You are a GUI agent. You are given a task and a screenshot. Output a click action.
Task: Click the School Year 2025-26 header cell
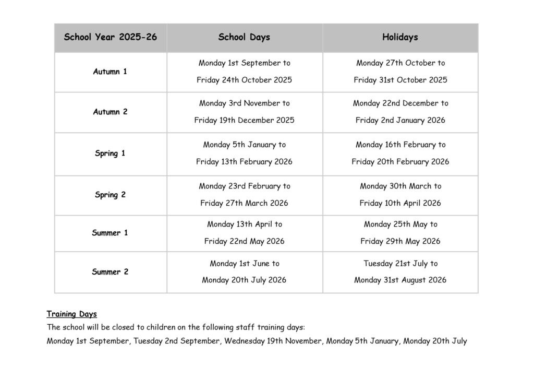[x=111, y=37]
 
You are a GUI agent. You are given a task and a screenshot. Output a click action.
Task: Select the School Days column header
[x=244, y=37]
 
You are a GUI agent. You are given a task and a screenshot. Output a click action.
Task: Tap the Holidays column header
[x=400, y=37]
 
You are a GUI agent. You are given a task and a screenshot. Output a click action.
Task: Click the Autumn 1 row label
[x=110, y=72]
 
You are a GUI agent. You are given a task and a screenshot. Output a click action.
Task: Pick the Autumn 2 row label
[x=110, y=112]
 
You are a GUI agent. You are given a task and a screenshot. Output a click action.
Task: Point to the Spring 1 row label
[x=110, y=153]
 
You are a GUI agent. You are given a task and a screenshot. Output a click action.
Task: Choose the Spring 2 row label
[x=110, y=195]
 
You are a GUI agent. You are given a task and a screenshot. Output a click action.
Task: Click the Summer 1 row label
[x=110, y=233]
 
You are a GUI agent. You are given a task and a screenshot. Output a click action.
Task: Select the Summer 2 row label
[x=110, y=271]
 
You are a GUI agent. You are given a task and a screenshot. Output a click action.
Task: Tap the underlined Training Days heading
[x=71, y=314]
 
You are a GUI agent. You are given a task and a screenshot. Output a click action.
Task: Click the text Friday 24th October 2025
[x=244, y=80]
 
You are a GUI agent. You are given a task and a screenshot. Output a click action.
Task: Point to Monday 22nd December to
[x=400, y=103]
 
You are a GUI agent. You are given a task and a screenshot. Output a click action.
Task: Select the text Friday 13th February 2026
[x=244, y=162]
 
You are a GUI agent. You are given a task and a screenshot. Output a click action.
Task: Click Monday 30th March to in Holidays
[x=400, y=186]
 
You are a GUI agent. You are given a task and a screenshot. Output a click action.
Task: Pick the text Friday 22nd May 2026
[x=244, y=241]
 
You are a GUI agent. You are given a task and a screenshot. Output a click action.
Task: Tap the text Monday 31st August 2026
[x=400, y=280]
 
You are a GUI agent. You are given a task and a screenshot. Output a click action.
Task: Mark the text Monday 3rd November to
[x=244, y=103]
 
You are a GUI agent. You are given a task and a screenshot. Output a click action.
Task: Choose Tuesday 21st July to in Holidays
[x=400, y=264]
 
